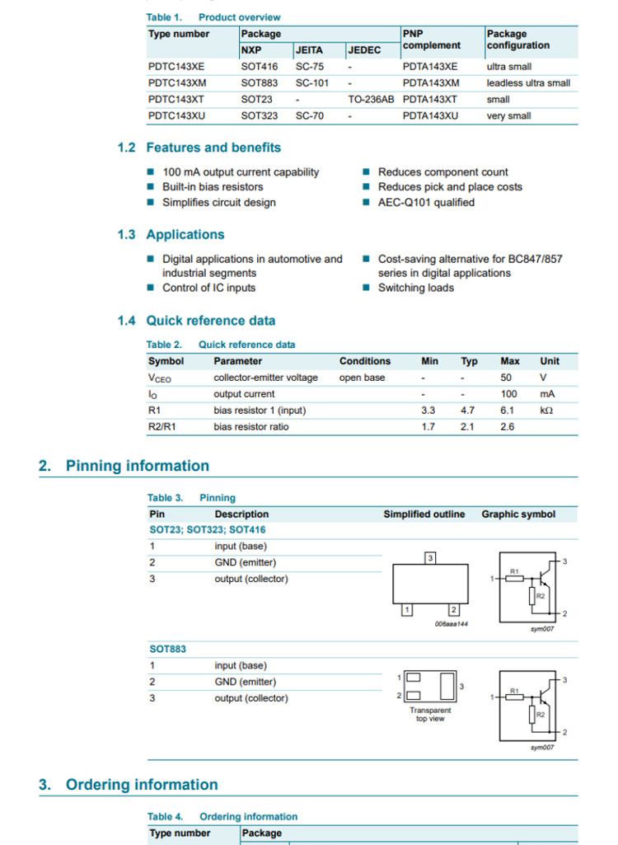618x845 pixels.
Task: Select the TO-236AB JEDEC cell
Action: click(371, 100)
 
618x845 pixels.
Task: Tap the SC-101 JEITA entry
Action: click(311, 83)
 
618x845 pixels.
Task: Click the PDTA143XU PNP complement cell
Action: click(430, 116)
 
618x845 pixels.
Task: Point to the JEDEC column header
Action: click(365, 50)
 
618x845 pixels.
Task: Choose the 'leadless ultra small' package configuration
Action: click(528, 83)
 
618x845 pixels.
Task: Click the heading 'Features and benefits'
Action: click(213, 148)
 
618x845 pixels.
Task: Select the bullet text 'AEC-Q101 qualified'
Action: click(426, 202)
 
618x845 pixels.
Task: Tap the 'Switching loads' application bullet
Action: click(415, 288)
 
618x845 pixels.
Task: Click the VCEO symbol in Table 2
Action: click(160, 378)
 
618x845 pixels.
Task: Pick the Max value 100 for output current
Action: click(509, 394)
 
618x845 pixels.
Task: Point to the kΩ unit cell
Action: click(546, 411)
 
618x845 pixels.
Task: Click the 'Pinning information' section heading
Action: click(137, 466)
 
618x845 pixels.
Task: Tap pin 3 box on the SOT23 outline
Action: click(429, 558)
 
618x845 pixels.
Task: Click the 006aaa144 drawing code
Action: click(451, 624)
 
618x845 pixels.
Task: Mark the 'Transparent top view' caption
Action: click(430, 715)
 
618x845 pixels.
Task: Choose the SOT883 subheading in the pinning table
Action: click(167, 650)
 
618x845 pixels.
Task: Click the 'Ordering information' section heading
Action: click(142, 785)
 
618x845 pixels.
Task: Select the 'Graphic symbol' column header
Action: click(518, 514)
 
